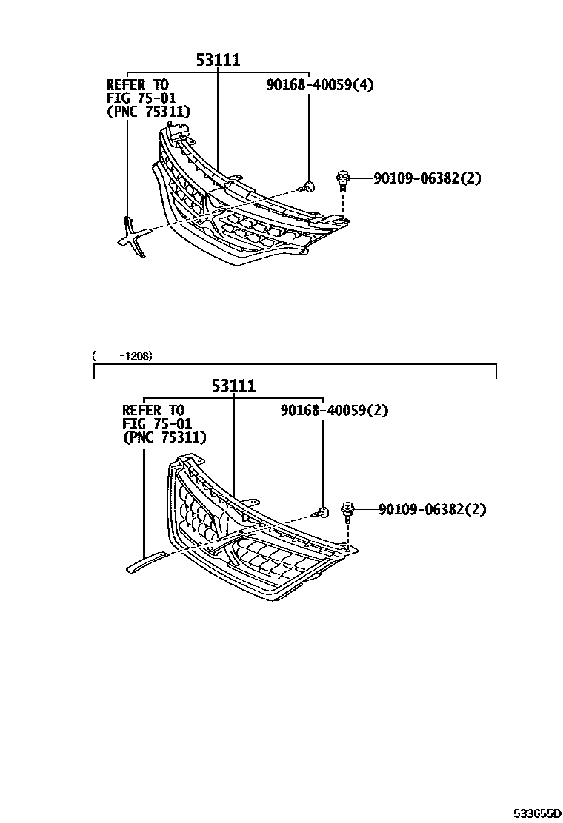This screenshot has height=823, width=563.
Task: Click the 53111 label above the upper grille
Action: (x=218, y=60)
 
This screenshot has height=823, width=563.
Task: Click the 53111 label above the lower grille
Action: (x=233, y=386)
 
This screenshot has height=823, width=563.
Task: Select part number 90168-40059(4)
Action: (x=320, y=84)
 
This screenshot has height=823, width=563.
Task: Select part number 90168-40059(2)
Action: (x=334, y=410)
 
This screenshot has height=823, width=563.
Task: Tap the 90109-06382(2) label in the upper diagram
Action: (x=427, y=178)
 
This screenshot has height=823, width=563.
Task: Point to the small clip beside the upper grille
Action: (x=311, y=187)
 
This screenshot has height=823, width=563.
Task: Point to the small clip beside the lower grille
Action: (x=323, y=511)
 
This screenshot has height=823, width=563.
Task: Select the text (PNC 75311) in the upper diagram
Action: (x=148, y=112)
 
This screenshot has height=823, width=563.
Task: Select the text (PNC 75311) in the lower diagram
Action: (x=164, y=437)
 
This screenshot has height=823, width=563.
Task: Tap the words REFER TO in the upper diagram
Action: (x=137, y=84)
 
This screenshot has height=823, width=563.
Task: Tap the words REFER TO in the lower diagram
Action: (x=153, y=410)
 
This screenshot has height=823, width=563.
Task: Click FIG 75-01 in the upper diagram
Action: (x=138, y=98)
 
